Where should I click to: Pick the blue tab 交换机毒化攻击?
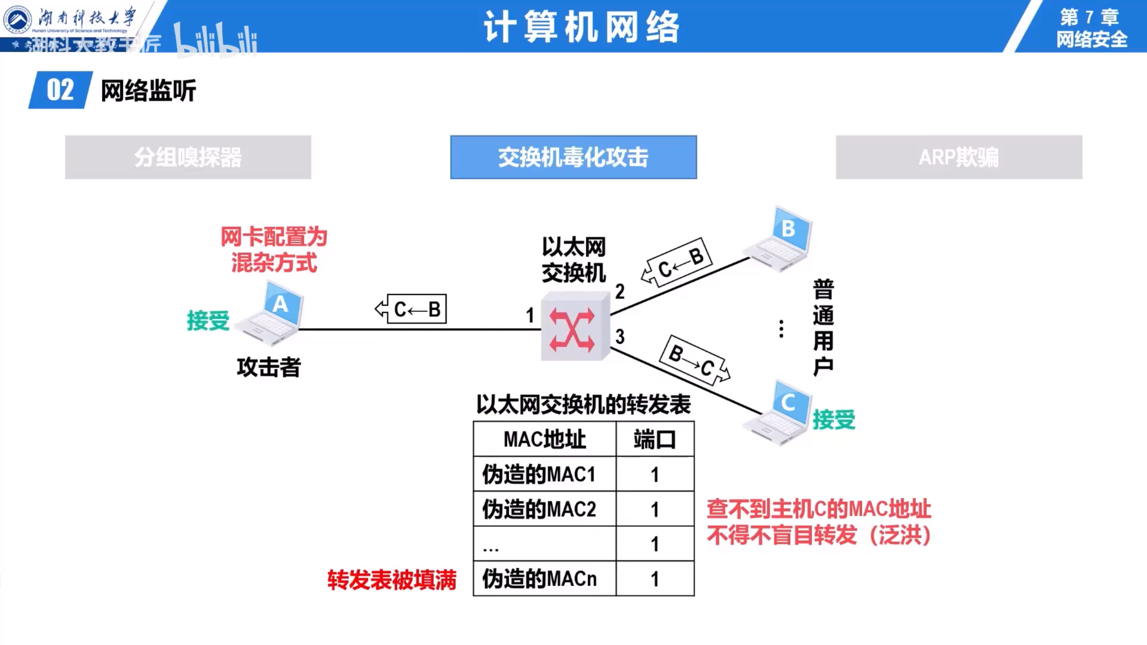pyautogui.click(x=573, y=157)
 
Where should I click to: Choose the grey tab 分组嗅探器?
pyautogui.click(x=188, y=157)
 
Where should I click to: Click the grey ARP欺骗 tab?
pyautogui.click(x=959, y=157)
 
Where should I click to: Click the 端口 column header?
pyautogui.click(x=655, y=439)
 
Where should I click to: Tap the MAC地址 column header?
pyautogui.click(x=544, y=439)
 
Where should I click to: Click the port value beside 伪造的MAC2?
pyautogui.click(x=655, y=509)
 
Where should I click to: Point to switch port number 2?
pyautogui.click(x=620, y=292)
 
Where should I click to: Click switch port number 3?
pyautogui.click(x=620, y=336)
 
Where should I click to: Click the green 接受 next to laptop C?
pyautogui.click(x=834, y=420)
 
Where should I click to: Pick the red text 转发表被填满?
pyautogui.click(x=392, y=580)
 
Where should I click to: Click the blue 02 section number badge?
pyautogui.click(x=60, y=90)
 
